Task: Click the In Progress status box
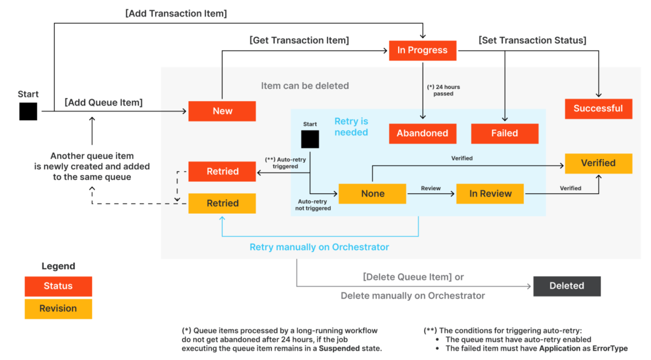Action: tap(423, 50)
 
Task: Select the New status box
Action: tap(222, 111)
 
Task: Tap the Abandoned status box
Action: tap(423, 134)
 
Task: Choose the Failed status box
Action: tap(505, 134)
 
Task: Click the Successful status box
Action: tap(599, 109)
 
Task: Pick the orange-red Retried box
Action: tap(222, 172)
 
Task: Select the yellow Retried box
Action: tap(222, 204)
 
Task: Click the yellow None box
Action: tap(373, 193)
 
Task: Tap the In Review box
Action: tap(490, 193)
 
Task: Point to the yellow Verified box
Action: tap(599, 163)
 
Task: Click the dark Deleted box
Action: tap(567, 286)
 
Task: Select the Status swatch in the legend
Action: tap(58, 286)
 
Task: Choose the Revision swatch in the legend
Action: tap(58, 309)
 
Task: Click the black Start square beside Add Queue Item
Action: tap(28, 112)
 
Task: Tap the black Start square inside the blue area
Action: tap(310, 139)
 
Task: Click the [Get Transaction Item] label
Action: tap(299, 40)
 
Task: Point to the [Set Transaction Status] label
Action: tap(533, 40)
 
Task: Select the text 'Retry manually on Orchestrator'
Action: tap(319, 247)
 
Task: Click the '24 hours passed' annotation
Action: tap(443, 90)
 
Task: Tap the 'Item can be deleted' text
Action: tap(305, 86)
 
